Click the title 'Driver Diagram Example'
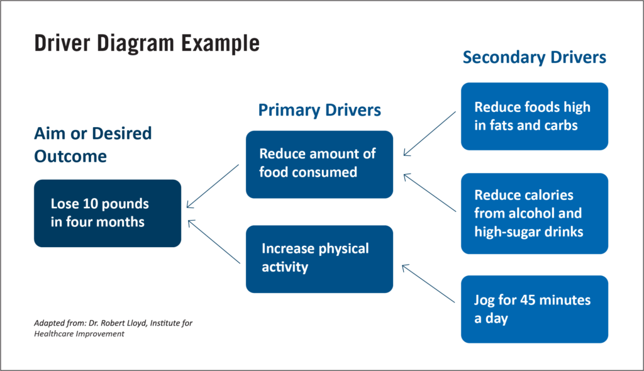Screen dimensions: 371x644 click(x=146, y=43)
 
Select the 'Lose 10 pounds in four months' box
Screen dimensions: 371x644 click(x=108, y=213)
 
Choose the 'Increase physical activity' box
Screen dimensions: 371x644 click(x=319, y=258)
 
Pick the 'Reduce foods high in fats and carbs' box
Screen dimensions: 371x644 click(x=534, y=116)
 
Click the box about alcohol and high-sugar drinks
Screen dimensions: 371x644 click(x=534, y=213)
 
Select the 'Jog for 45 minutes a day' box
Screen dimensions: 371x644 click(x=534, y=309)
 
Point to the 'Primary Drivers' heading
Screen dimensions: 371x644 click(x=319, y=110)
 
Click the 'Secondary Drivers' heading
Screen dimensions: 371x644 click(x=534, y=57)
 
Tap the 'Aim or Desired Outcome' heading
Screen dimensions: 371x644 click(x=92, y=145)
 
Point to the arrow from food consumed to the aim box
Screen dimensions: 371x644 click(x=213, y=186)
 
